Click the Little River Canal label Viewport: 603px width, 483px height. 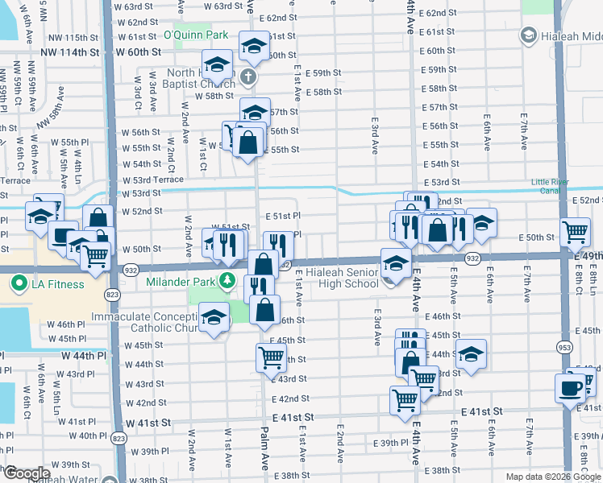(555, 187)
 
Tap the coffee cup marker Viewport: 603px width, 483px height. (570, 387)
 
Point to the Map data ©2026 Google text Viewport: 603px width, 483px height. (553, 477)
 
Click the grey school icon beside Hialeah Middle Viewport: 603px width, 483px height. (528, 35)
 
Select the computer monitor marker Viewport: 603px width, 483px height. (63, 235)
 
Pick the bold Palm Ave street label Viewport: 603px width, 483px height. (264, 460)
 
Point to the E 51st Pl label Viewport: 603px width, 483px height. (283, 217)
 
